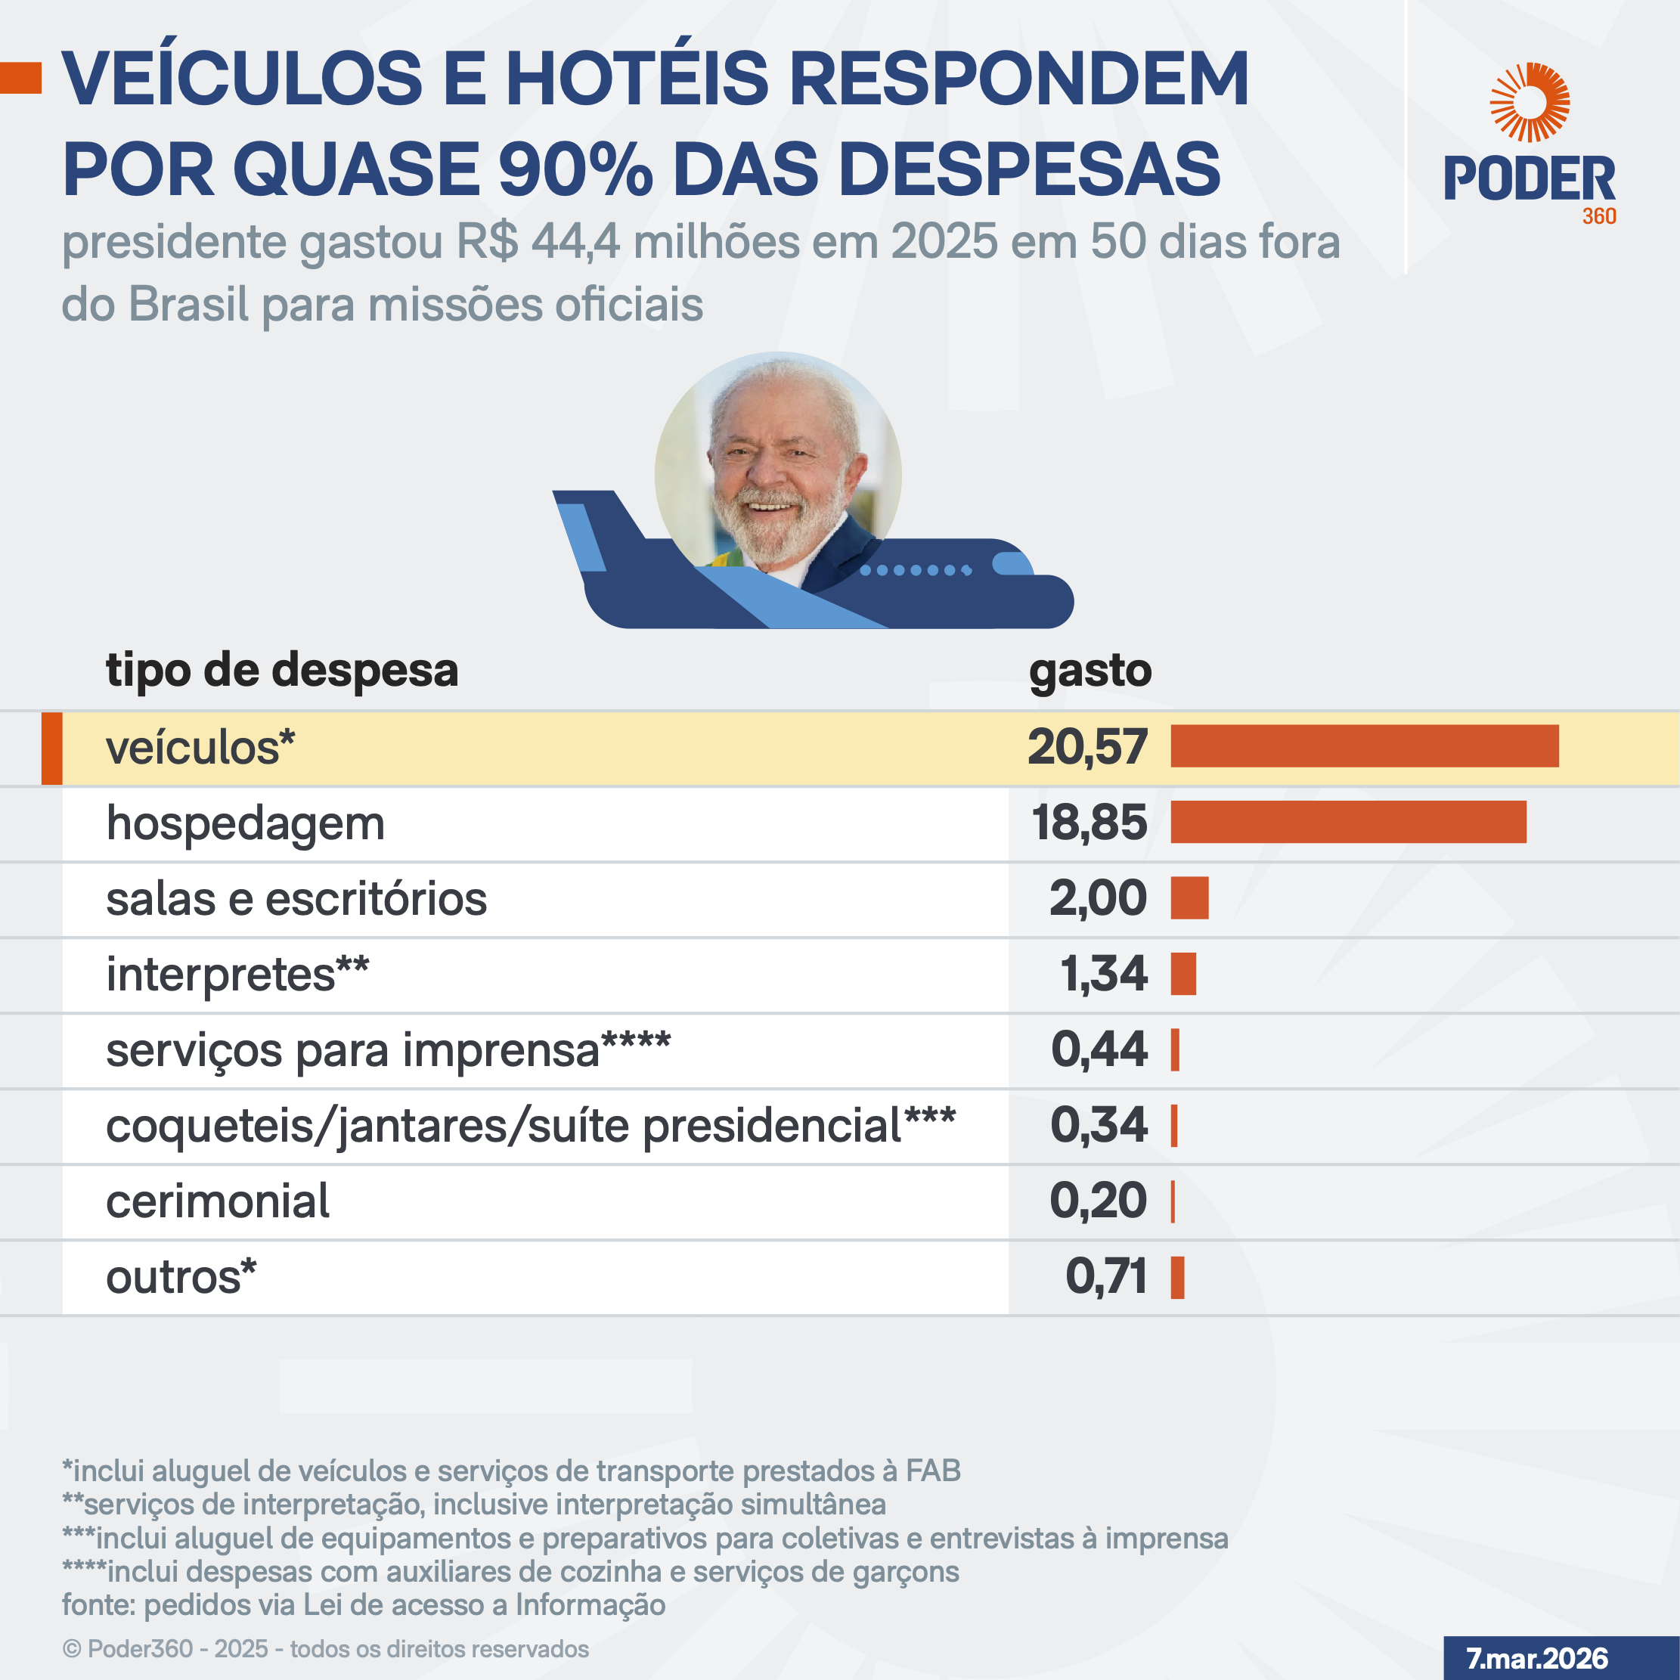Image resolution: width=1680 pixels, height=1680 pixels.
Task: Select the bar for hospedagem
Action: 1348,822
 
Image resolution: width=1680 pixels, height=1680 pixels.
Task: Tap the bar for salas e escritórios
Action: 1189,897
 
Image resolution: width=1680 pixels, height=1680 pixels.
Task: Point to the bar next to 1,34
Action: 1183,973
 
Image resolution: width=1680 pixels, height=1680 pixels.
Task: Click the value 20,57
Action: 1087,747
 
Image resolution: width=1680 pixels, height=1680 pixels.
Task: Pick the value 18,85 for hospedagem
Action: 1089,823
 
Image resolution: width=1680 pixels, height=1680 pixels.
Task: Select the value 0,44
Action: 1099,1049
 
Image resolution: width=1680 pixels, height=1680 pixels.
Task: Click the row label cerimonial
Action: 218,1201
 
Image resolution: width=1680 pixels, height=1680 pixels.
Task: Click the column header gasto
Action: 1090,671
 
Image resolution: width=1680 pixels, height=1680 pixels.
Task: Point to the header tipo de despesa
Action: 282,671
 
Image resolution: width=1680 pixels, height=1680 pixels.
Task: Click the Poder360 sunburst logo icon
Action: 1529,103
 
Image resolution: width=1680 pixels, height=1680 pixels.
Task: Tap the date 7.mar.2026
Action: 1536,1658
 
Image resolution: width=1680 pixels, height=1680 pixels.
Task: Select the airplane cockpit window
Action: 1012,563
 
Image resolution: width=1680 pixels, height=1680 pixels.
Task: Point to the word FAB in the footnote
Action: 933,1471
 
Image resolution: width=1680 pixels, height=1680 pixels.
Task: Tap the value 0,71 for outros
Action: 1106,1276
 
